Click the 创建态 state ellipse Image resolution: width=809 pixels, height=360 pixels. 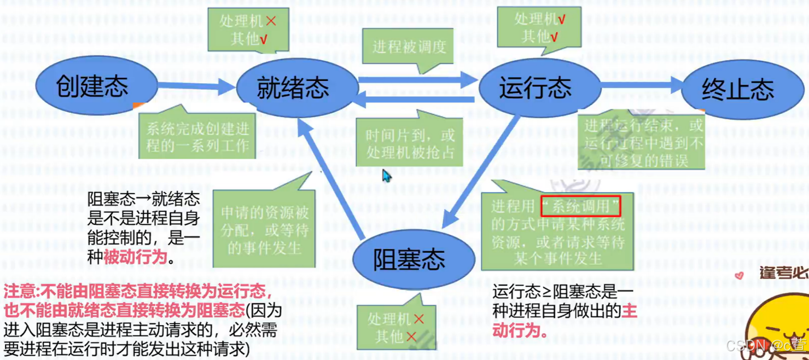point(91,86)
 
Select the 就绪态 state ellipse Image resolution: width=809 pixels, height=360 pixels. point(294,88)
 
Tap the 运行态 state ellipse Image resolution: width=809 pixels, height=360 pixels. point(534,88)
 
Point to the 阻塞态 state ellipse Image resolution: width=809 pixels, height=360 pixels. point(409,259)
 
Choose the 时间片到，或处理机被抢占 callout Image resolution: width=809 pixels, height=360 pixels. point(410,143)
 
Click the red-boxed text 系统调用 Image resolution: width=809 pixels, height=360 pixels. point(580,206)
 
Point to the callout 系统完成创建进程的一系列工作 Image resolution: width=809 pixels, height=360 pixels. point(197,137)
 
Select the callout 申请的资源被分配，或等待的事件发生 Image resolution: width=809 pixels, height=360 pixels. point(264,230)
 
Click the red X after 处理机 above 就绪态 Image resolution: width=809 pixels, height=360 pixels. point(270,21)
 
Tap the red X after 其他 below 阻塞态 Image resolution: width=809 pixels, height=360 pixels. point(411,336)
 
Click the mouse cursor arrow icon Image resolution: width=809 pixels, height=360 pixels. point(386,175)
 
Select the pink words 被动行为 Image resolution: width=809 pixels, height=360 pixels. point(135,257)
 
